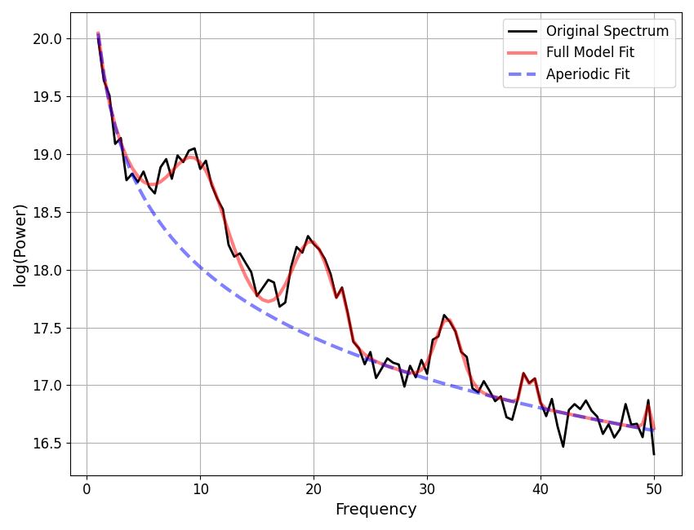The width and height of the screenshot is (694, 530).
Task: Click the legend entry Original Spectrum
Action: click(x=607, y=32)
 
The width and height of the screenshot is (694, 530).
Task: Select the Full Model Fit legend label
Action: click(x=589, y=53)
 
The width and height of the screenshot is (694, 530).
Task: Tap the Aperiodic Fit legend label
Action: click(x=588, y=74)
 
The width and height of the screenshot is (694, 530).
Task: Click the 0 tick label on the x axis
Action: click(x=87, y=488)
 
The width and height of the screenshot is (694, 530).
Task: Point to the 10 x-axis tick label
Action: click(x=200, y=488)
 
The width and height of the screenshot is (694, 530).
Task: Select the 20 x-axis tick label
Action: click(x=314, y=488)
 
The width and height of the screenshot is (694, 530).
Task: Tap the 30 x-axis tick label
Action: click(x=427, y=488)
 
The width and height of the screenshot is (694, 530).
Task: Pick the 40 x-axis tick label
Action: click(x=541, y=488)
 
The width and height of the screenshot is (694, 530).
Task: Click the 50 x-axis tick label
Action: click(x=654, y=488)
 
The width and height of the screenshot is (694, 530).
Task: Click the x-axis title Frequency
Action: click(x=376, y=510)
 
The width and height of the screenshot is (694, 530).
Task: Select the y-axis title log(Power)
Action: click(x=20, y=244)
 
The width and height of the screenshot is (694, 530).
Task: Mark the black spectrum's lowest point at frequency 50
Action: click(x=654, y=454)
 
